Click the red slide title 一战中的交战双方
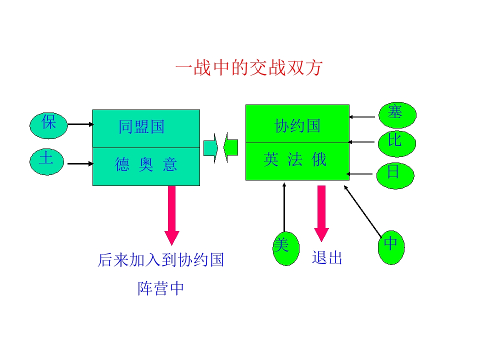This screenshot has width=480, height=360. [x=248, y=68]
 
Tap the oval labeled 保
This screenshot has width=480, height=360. [x=48, y=124]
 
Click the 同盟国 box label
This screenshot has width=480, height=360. [x=141, y=127]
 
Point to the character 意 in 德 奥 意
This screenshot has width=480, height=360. [x=170, y=165]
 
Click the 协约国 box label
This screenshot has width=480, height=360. [x=297, y=126]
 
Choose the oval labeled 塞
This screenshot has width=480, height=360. [x=396, y=114]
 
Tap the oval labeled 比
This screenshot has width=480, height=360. [x=395, y=143]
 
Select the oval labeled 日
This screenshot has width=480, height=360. [x=394, y=174]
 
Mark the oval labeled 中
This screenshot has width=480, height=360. [x=390, y=246]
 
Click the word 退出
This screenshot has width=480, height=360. [x=327, y=258]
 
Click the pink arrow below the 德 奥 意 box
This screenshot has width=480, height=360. [x=172, y=215]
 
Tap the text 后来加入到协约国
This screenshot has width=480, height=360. [x=160, y=260]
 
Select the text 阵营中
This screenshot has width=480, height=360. [x=160, y=288]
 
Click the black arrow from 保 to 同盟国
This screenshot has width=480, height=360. [x=80, y=124]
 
